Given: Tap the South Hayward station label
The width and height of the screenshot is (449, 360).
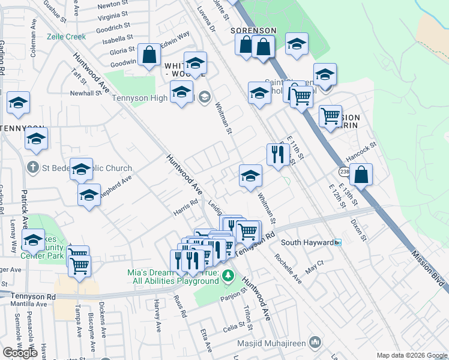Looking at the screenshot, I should coord(307,242).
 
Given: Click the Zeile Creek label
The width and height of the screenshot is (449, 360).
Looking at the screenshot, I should coord(66,37).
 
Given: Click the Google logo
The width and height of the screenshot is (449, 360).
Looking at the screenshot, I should coord(20,353).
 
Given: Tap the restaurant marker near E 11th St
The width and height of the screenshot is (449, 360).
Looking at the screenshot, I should coord(278,155).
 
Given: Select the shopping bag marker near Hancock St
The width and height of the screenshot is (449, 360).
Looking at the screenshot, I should coord(361,175).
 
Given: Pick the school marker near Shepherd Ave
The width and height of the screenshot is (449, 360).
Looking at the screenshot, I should coord(89,194).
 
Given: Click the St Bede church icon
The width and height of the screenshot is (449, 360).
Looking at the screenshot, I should coord(33,169).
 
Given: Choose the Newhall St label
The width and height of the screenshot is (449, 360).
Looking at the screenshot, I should coord(86,94).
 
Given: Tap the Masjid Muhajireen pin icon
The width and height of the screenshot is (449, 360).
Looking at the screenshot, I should coord(316,343).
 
